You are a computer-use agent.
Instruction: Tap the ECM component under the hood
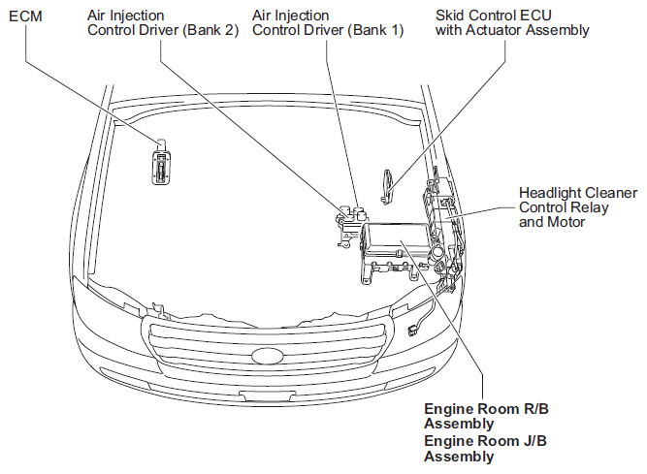(x=160, y=160)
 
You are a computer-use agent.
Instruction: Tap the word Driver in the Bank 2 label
(x=159, y=30)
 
